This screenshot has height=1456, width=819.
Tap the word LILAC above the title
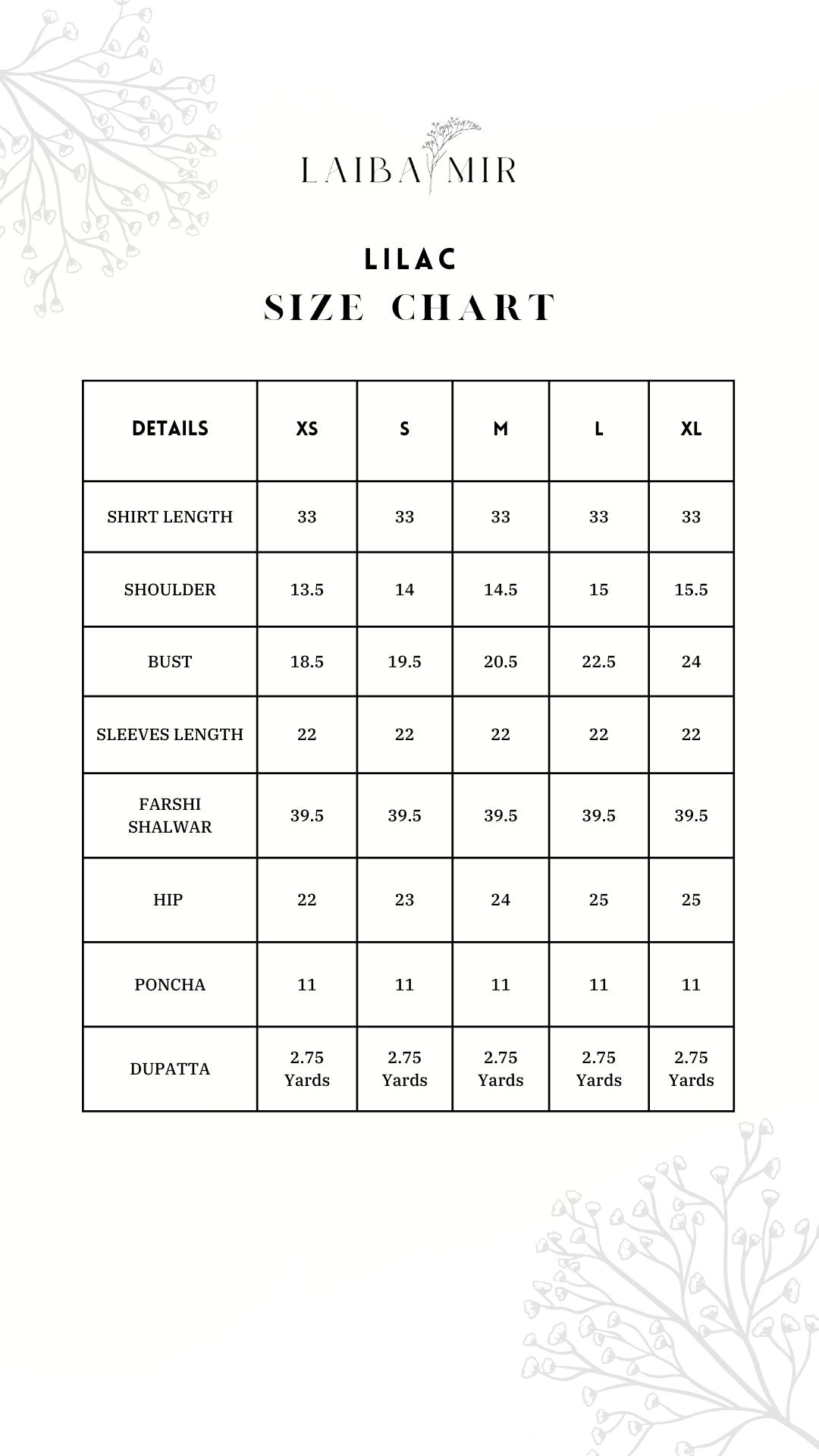410,259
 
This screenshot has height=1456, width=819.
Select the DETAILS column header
170,428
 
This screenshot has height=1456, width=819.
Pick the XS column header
306,429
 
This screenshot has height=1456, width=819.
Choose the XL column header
691,429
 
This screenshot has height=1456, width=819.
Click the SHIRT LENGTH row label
170,516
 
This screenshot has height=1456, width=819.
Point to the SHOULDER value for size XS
306,589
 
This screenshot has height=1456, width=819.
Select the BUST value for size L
598,661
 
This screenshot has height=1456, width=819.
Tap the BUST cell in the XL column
691,661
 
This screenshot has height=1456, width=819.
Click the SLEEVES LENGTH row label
170,734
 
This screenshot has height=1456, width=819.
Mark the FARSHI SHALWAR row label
170,815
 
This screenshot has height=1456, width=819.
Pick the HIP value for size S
404,899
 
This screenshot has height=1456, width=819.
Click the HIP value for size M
500,899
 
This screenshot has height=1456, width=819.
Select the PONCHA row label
170,984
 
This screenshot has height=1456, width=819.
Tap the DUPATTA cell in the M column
500,1068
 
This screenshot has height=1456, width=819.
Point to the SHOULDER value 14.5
500,589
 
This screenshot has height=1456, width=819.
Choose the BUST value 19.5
404,661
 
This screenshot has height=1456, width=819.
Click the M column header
500,429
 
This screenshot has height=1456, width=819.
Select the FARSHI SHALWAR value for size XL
691,815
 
